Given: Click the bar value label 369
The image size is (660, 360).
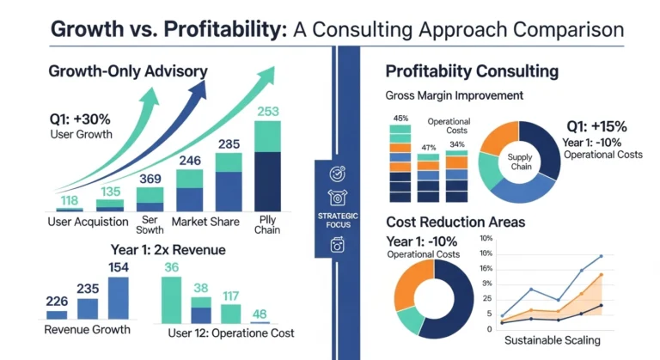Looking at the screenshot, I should tap(150, 178).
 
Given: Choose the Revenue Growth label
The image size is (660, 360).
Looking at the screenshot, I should tap(88, 329).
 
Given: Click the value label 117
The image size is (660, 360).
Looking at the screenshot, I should tap(230, 296).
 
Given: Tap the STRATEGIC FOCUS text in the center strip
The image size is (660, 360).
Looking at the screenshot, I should tap(337, 219).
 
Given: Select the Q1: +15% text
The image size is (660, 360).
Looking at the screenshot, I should tap(596, 126).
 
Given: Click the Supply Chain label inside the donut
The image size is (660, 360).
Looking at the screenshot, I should tap(520, 161).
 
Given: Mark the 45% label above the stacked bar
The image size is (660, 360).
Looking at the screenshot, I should tap(400, 119).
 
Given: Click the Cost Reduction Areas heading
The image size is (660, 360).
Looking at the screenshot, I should tap(455, 222).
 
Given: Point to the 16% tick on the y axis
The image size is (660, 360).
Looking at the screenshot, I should tap(486, 268).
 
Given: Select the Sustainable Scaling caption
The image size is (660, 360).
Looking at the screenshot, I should tap(552, 341).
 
